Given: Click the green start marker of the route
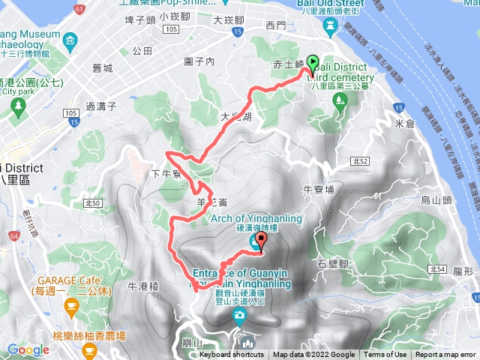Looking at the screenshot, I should pyautogui.click(x=311, y=65).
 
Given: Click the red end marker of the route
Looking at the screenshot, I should pyautogui.click(x=261, y=241).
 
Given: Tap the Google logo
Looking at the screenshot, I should pyautogui.click(x=28, y=349).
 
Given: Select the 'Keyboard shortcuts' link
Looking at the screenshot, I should pyautogui.click(x=232, y=355).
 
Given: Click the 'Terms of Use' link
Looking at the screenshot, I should pyautogui.click(x=385, y=355).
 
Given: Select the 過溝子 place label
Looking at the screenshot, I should pyautogui.click(x=102, y=107).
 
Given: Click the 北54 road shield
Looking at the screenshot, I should pyautogui.click(x=438, y=268).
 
